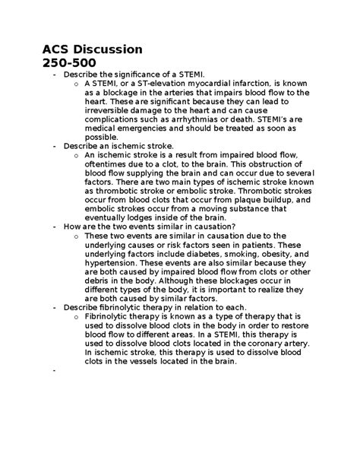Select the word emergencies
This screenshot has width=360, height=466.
[x=122, y=128]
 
